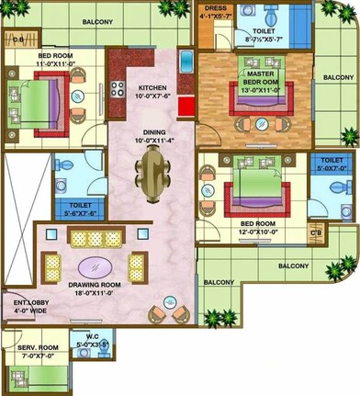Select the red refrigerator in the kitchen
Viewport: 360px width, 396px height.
[x=186, y=104]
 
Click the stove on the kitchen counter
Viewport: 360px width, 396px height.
[x=118, y=89]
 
